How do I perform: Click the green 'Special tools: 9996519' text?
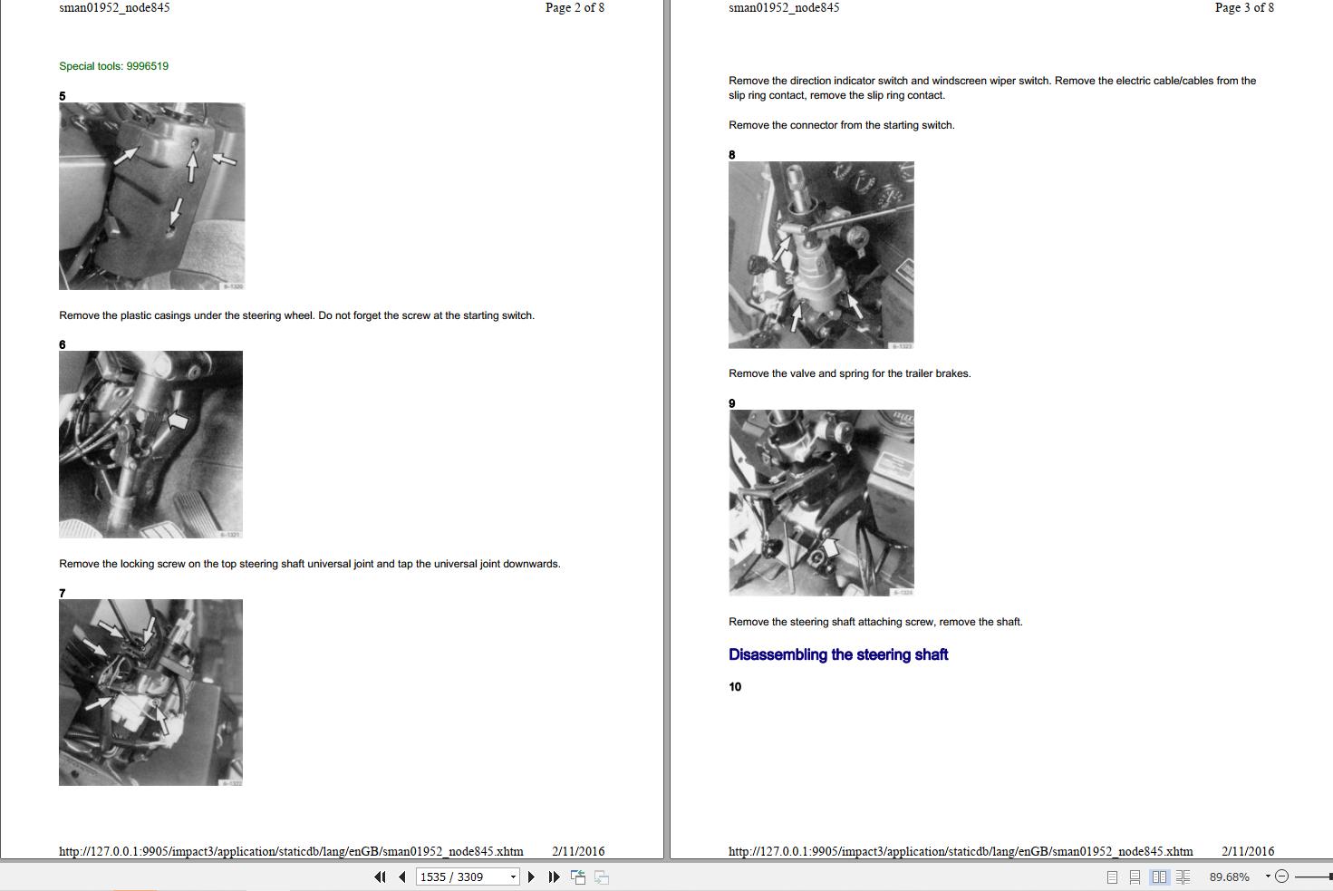pyautogui.click(x=113, y=66)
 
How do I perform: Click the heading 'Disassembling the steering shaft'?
pyautogui.click(x=838, y=654)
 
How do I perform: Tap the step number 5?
pyautogui.click(x=63, y=96)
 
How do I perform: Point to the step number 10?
pyautogui.click(x=735, y=687)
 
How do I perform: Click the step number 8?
pyautogui.click(x=732, y=155)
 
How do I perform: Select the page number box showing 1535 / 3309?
pyautogui.click(x=468, y=876)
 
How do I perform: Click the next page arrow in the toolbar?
pyautogui.click(x=531, y=876)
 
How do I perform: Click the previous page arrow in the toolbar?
pyautogui.click(x=402, y=876)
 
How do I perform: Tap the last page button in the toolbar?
pyautogui.click(x=554, y=876)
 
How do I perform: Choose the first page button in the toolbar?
pyautogui.click(x=380, y=876)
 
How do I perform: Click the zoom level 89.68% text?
pyautogui.click(x=1229, y=876)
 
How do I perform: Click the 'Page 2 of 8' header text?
pyautogui.click(x=575, y=8)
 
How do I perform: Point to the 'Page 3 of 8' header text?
pyautogui.click(x=1244, y=8)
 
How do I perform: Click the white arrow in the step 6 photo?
pyautogui.click(x=178, y=421)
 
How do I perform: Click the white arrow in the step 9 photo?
pyautogui.click(x=831, y=547)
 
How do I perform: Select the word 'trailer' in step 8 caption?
pyautogui.click(x=919, y=373)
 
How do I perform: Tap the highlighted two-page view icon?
pyautogui.click(x=1159, y=876)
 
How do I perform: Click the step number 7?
pyautogui.click(x=63, y=593)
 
